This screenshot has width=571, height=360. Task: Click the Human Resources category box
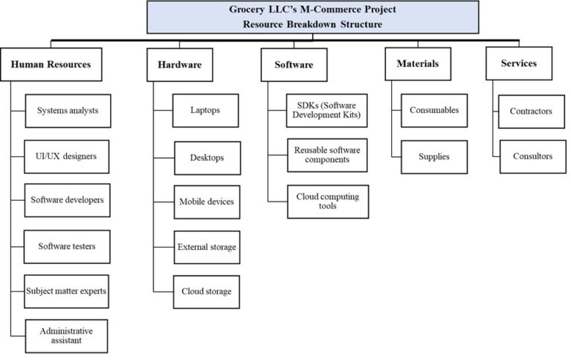click(x=51, y=64)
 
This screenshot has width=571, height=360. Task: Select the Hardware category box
click(x=179, y=65)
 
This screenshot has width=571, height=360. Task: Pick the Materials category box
click(x=417, y=63)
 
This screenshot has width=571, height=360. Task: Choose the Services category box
click(x=518, y=63)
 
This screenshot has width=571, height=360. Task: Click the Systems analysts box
click(x=67, y=111)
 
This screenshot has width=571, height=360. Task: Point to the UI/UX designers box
click(x=67, y=156)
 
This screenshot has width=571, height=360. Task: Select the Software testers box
click(x=67, y=245)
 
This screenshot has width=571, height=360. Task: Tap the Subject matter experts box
click(x=67, y=291)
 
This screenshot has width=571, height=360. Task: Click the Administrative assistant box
click(x=67, y=336)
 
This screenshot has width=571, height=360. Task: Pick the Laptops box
click(x=205, y=111)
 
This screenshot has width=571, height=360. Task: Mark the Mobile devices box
click(x=206, y=202)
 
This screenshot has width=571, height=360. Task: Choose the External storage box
click(x=206, y=246)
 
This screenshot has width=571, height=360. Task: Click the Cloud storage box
click(x=206, y=291)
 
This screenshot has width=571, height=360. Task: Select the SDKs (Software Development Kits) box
click(x=328, y=111)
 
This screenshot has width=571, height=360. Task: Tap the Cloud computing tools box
click(x=328, y=201)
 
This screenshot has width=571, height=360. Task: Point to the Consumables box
click(x=434, y=110)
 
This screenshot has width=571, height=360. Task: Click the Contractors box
click(x=532, y=111)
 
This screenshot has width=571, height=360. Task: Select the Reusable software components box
click(x=328, y=155)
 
